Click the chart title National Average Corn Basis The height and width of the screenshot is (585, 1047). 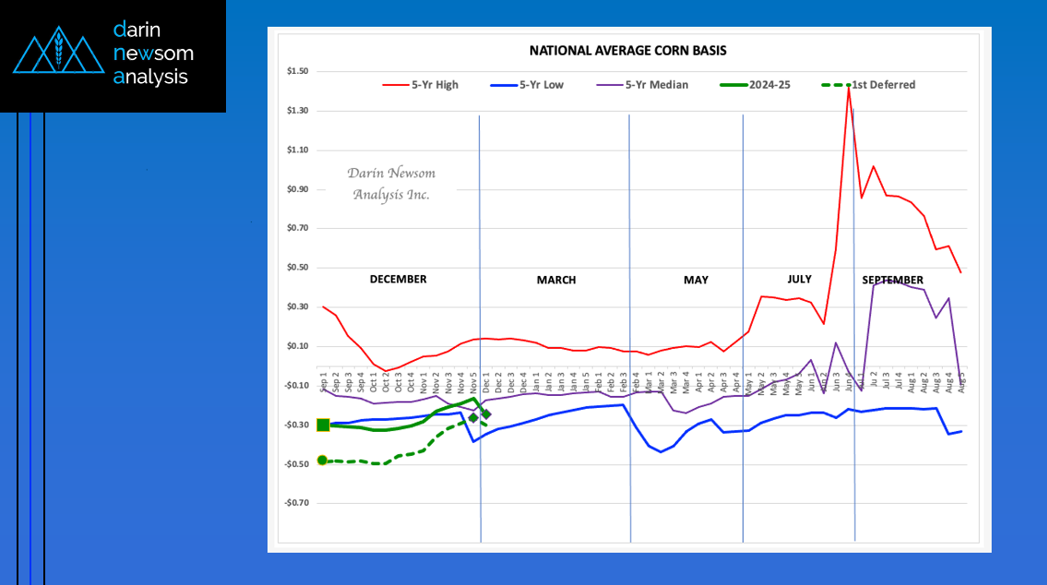[633, 51]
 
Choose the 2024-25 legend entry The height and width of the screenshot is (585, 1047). [756, 85]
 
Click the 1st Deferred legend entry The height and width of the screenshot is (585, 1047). [868, 85]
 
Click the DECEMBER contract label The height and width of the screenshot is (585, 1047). [398, 279]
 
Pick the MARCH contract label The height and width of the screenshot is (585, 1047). [556, 280]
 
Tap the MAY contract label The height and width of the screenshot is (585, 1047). [696, 280]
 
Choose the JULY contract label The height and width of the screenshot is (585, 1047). [799, 279]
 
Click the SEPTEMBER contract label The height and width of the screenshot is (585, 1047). [892, 280]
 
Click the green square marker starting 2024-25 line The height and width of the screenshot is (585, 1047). [323, 424]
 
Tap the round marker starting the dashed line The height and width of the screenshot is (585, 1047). [323, 460]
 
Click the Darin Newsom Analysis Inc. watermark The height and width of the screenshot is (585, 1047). [391, 184]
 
